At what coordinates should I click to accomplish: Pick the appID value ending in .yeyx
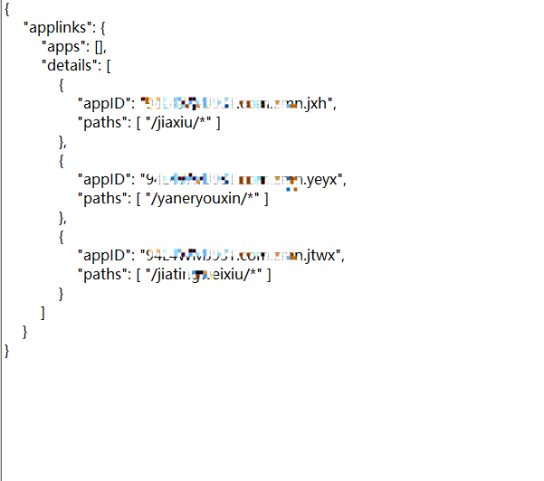(x=244, y=179)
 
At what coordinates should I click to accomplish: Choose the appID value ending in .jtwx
(x=243, y=255)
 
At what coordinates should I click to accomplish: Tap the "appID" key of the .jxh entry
(x=107, y=103)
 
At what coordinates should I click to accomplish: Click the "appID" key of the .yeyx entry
(x=107, y=179)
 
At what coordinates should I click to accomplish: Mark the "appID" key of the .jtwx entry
(x=107, y=255)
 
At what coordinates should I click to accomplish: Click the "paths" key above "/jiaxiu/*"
(x=102, y=122)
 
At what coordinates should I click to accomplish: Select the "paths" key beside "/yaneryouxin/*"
(x=102, y=198)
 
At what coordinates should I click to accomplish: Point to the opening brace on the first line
(x=7, y=9)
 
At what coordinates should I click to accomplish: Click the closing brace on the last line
(x=7, y=350)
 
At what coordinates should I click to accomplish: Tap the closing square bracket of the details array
(x=43, y=312)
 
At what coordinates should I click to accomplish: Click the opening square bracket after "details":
(x=109, y=65)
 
